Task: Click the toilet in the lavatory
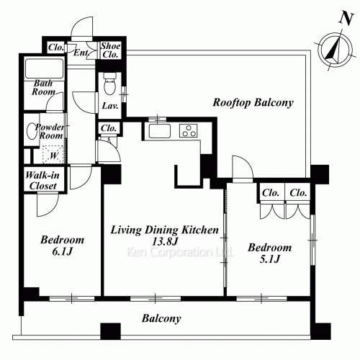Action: (110, 84)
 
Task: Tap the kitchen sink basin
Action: (159, 131)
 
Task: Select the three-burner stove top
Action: (188, 130)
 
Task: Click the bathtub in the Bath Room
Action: (44, 68)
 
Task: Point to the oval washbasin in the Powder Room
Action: (32, 131)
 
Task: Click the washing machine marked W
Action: (53, 154)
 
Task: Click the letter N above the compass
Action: (346, 19)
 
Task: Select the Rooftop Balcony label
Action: (253, 103)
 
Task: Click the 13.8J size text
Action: (165, 241)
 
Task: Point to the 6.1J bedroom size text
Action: (62, 251)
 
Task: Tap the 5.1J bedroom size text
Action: (270, 259)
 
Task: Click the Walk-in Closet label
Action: (42, 181)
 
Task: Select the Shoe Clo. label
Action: (110, 50)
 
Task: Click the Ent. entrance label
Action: (81, 53)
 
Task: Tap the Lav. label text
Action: (110, 106)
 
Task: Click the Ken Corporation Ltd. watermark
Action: (179, 252)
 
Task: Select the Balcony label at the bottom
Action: (161, 319)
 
